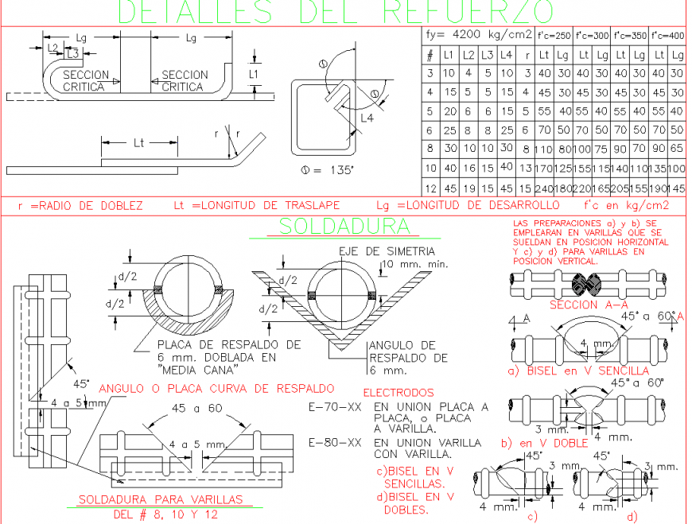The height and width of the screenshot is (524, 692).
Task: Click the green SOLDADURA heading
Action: click(348, 227)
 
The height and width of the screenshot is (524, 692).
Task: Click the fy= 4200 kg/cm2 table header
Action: click(479, 35)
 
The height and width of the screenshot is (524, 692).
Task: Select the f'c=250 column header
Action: click(554, 36)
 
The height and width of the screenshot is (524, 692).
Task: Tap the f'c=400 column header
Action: click(668, 36)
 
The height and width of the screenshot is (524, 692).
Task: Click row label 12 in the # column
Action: click(430, 188)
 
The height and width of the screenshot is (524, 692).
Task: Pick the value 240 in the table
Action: click(545, 188)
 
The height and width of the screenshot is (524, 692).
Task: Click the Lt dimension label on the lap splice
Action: click(138, 143)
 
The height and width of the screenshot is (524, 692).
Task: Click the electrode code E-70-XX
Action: click(334, 407)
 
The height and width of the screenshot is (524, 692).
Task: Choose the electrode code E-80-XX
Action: click(334, 442)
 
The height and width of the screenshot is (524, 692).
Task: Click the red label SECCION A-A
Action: click(585, 305)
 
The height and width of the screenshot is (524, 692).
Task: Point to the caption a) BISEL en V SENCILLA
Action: click(578, 371)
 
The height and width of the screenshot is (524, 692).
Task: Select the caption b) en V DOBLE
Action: click(543, 443)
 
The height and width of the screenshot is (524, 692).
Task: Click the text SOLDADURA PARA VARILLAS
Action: click(160, 500)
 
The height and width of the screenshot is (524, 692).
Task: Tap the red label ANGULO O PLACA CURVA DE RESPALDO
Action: click(216, 389)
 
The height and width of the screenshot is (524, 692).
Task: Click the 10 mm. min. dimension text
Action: click(415, 264)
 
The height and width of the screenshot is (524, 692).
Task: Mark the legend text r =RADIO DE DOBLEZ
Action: click(80, 206)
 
